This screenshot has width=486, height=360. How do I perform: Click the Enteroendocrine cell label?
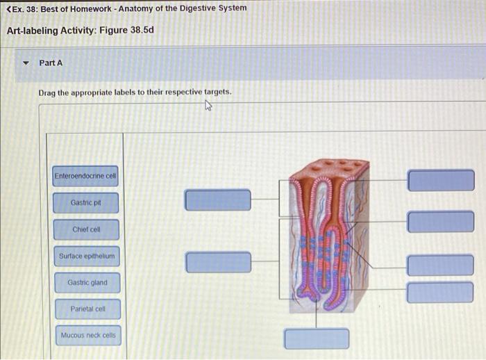pyautogui.click(x=85, y=177)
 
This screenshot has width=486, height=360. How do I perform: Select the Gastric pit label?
pyautogui.click(x=85, y=203)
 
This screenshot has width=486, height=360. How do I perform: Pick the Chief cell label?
pyautogui.click(x=85, y=229)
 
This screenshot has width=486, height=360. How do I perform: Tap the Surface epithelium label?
pyautogui.click(x=85, y=256)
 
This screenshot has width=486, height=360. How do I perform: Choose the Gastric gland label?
pyautogui.click(x=85, y=283)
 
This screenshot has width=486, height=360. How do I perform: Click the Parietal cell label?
pyautogui.click(x=85, y=309)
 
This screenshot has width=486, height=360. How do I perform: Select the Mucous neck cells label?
pyautogui.click(x=88, y=336)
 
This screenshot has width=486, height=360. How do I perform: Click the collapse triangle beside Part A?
pyautogui.click(x=26, y=63)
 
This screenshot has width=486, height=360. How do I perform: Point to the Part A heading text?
pyautogui.click(x=51, y=63)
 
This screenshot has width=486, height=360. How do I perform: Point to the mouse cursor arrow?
pyautogui.click(x=208, y=106)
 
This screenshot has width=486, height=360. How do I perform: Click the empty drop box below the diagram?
pyautogui.click(x=317, y=338)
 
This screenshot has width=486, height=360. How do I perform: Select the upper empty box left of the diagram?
pyautogui.click(x=218, y=199)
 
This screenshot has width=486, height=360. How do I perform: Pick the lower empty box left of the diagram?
pyautogui.click(x=218, y=262)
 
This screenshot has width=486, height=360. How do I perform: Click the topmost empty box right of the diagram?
pyautogui.click(x=440, y=180)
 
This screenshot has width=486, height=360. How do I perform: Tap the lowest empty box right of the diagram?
pyautogui.click(x=440, y=292)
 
